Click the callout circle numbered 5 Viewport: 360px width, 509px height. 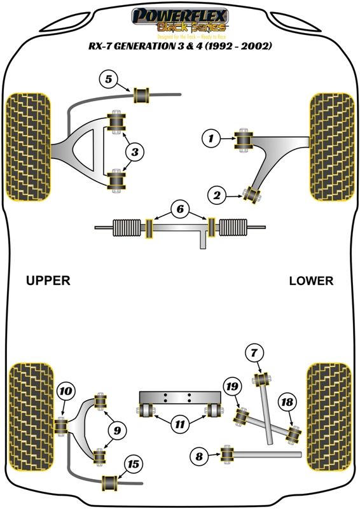tap(109, 80)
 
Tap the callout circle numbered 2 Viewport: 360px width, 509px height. tap(218, 196)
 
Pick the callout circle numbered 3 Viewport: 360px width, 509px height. tap(135, 151)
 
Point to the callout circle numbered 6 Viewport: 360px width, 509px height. tap(180, 209)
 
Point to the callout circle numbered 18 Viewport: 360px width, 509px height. tap(287, 401)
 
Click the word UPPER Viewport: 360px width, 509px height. tap(48, 281)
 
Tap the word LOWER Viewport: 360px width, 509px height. tap(310, 281)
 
